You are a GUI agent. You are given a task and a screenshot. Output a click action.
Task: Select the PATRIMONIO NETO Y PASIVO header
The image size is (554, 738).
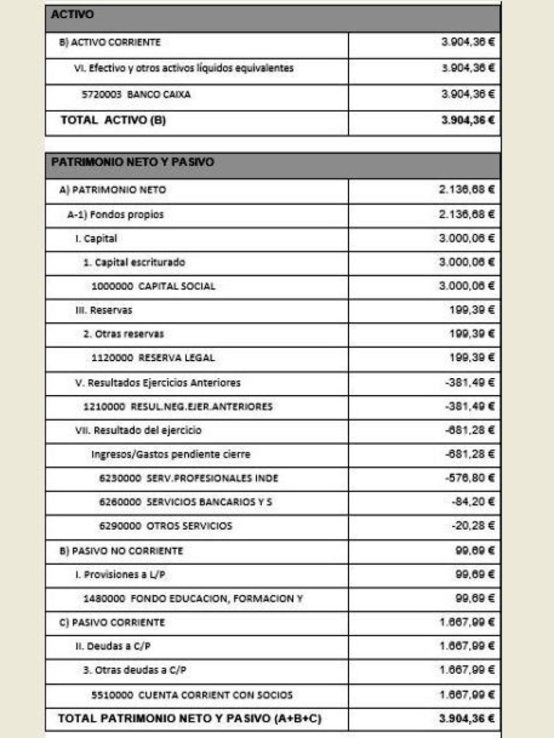[x=132, y=162]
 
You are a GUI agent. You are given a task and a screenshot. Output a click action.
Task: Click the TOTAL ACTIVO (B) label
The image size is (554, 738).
[x=113, y=120]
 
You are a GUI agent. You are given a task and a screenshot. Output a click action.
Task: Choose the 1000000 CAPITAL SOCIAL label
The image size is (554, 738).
[x=154, y=286]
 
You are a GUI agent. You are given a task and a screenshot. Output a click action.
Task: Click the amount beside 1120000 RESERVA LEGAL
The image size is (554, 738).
[x=472, y=357]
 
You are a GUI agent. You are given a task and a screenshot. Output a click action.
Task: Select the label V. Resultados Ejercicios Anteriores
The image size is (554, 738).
[x=157, y=383]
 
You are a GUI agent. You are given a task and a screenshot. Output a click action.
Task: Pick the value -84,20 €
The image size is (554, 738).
[x=473, y=502]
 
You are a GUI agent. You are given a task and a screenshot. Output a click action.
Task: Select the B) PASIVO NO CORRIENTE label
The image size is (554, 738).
[x=121, y=551]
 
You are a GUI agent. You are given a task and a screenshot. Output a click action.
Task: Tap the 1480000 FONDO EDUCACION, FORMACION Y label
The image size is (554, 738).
[x=193, y=599]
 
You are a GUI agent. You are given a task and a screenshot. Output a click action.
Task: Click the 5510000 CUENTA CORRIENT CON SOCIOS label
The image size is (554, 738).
[x=192, y=695]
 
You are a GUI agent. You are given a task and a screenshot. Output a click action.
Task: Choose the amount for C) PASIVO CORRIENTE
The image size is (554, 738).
[x=467, y=623]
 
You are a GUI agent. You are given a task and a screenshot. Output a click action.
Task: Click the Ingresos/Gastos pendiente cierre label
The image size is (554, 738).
[x=170, y=454]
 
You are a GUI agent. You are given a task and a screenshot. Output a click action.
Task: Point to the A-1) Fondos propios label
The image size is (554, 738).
[x=115, y=215]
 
